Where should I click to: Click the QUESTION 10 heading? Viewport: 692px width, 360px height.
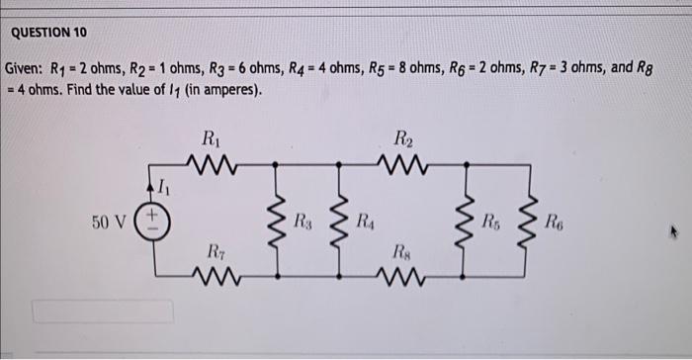48,33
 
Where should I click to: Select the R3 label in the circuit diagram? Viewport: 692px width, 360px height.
306,219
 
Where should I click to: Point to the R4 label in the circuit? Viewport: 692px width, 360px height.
365,219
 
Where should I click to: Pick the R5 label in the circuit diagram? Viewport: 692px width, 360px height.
490,219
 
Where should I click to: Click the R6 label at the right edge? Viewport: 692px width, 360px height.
557,219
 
